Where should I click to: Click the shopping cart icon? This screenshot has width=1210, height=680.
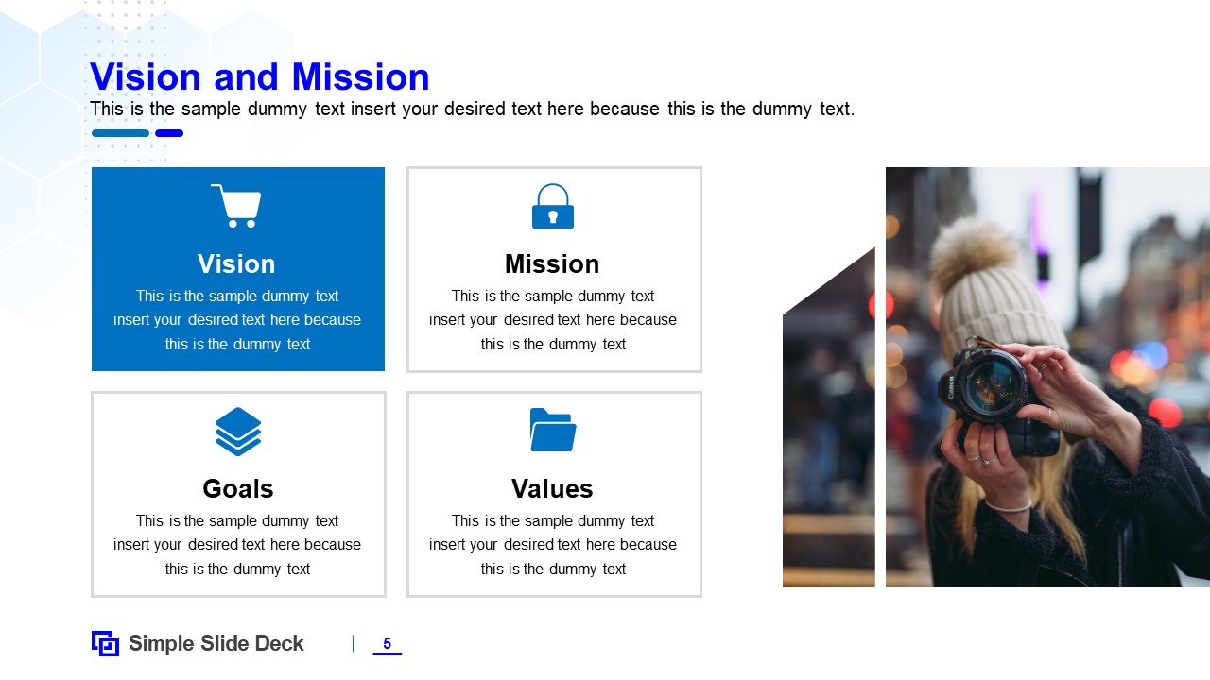point(236,205)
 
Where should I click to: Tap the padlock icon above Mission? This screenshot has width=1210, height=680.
point(553,207)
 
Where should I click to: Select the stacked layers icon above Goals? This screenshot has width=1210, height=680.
point(238,431)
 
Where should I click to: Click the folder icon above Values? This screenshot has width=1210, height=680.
point(553,430)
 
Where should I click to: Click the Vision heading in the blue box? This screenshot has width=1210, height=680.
point(236,263)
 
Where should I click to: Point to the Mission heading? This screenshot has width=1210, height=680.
point(552,263)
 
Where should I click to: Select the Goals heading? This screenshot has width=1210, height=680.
point(237,488)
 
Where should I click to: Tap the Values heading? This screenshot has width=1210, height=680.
point(552,488)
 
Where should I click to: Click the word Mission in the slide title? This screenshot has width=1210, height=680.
point(360,77)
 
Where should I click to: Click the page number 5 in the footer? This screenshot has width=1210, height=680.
point(387,644)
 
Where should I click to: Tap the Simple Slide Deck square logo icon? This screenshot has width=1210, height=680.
point(105,643)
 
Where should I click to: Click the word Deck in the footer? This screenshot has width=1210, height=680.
point(281,644)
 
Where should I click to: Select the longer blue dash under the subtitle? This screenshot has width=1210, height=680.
point(121,133)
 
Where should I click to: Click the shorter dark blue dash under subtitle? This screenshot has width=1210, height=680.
point(169,133)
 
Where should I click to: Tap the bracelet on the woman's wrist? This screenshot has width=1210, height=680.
point(1008,507)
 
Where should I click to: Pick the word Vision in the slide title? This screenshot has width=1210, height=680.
point(146,77)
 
